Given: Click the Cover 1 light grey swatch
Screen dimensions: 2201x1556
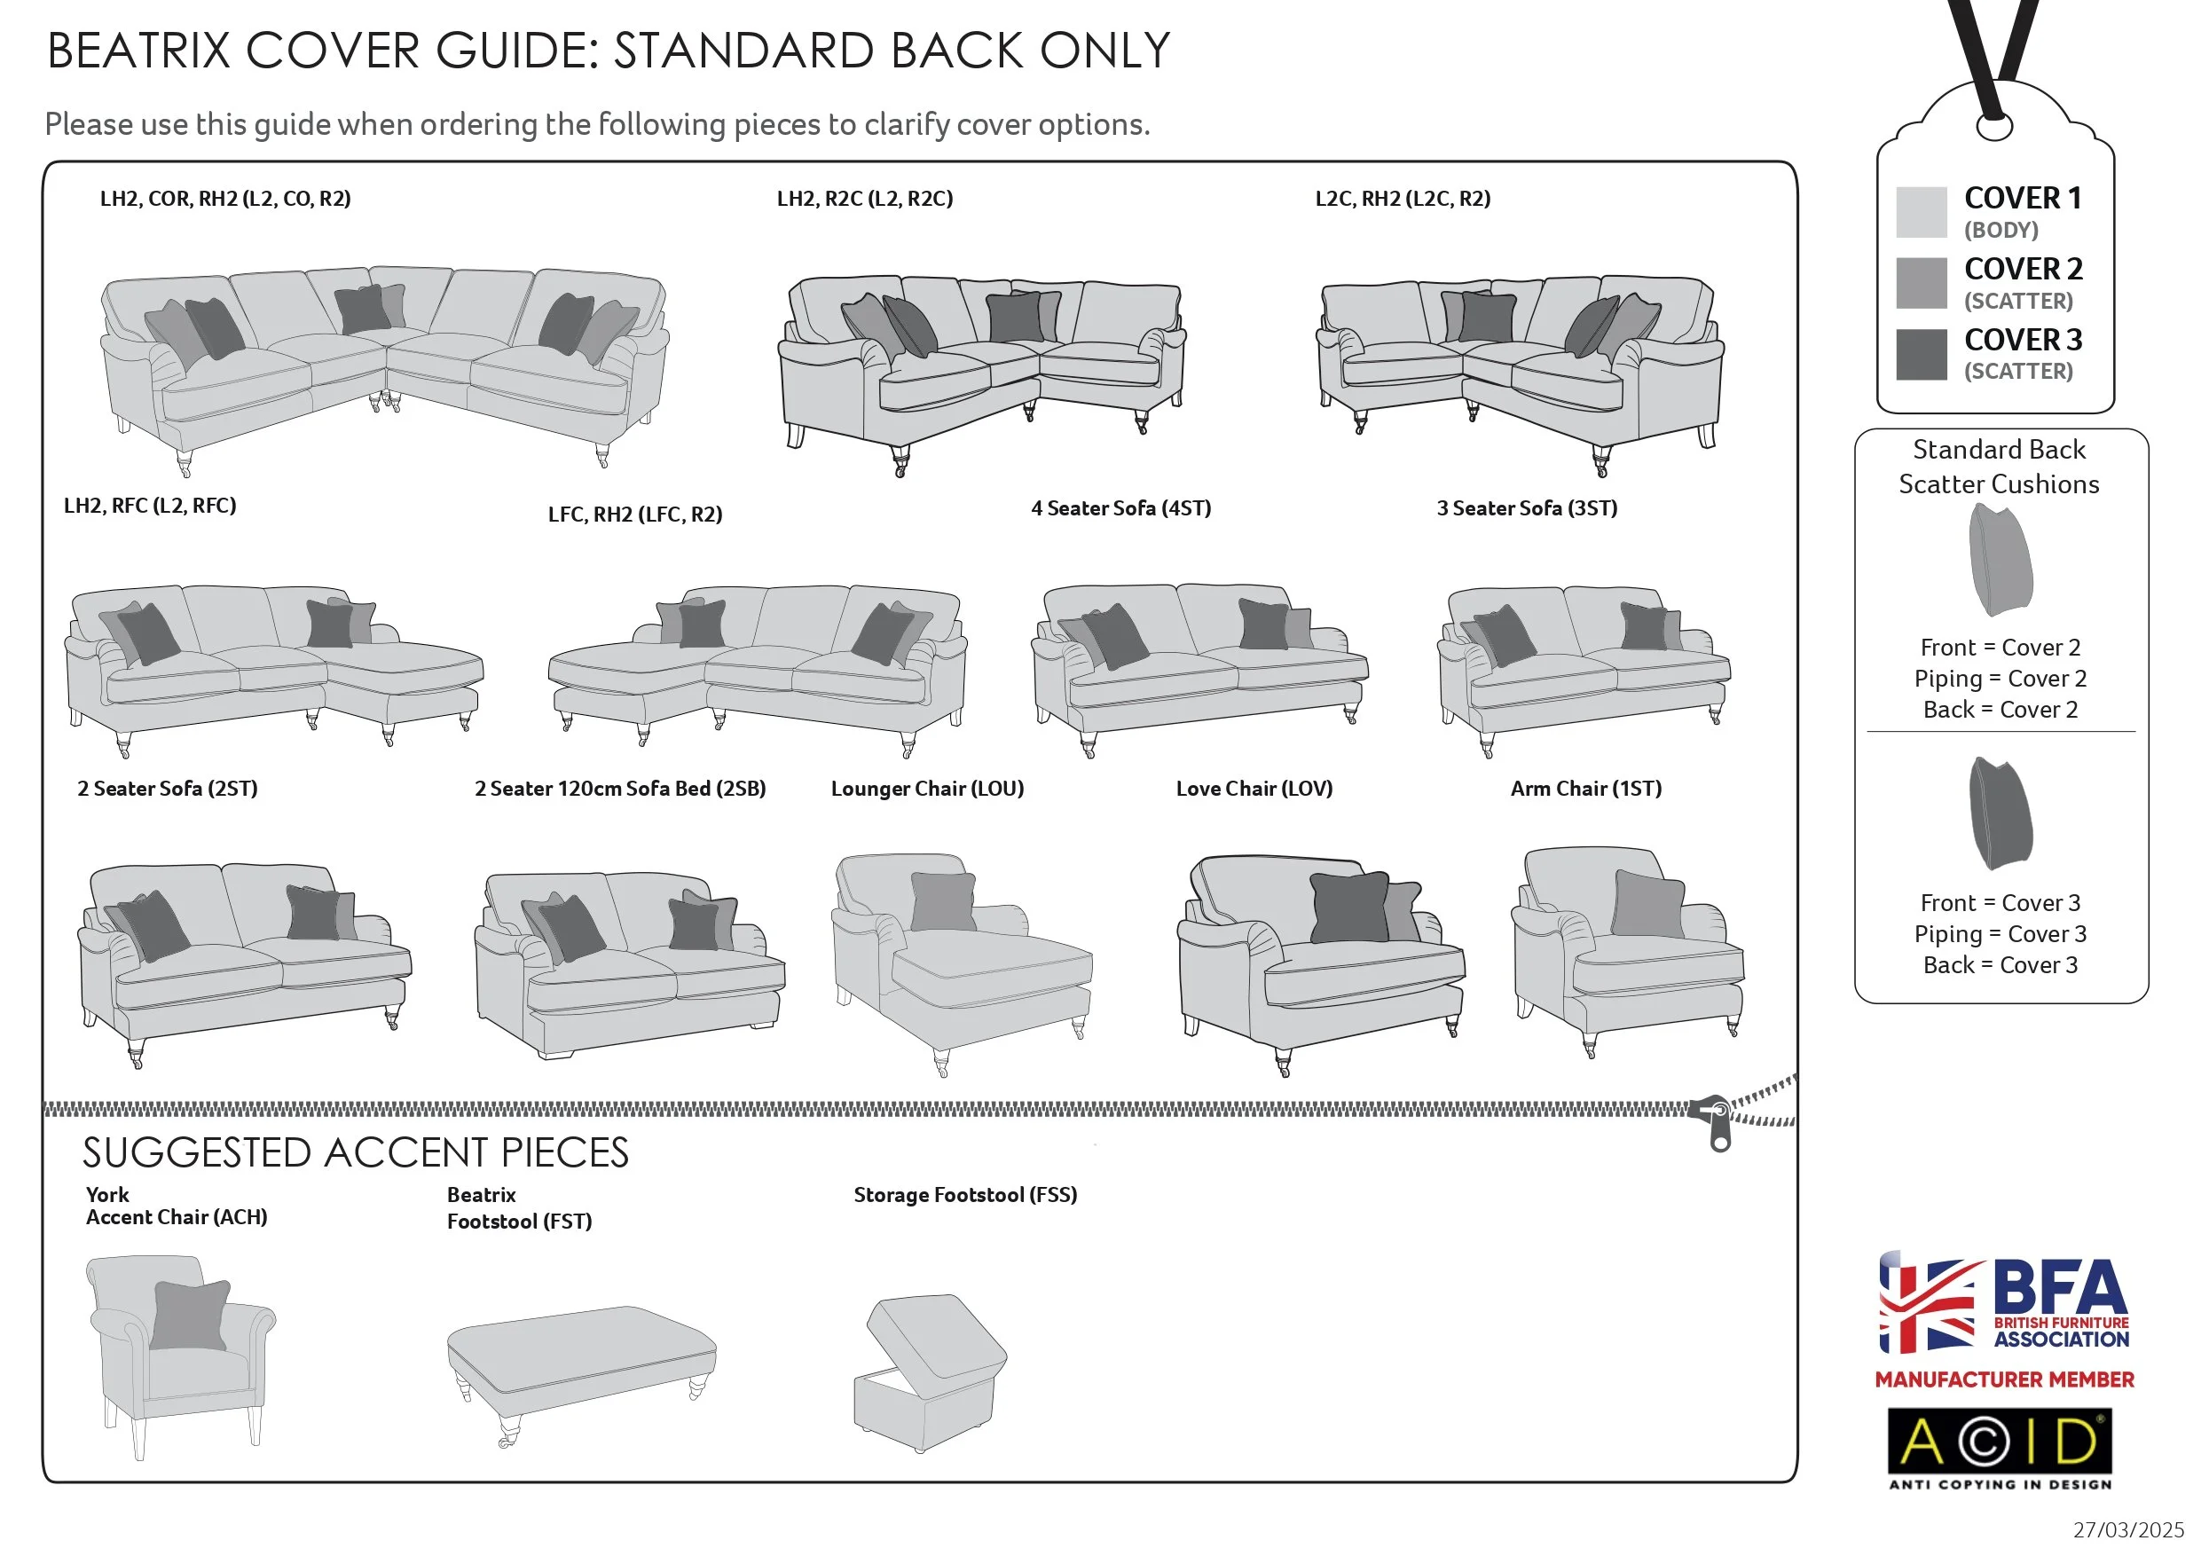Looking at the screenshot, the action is pos(1920,212).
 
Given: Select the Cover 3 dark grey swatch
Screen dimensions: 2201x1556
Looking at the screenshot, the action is pos(1920,354).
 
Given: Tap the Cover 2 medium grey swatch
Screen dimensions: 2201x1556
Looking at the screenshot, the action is pos(1920,283).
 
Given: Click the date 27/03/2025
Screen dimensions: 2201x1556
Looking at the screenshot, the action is pos(2127,1529).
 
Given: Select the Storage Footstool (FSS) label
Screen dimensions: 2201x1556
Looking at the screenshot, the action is pos(964,1195).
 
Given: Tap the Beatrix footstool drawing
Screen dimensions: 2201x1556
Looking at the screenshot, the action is pos(580,1366).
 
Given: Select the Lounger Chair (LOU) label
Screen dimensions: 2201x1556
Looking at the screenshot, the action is pos(926,788).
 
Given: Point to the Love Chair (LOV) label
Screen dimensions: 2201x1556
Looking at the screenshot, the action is pos(1253,788).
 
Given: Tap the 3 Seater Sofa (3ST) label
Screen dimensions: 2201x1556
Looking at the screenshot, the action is pos(1525,508).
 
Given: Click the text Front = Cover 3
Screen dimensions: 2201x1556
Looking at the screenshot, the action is pos(1999,902).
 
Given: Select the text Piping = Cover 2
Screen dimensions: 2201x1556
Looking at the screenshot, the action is pos(1999,678).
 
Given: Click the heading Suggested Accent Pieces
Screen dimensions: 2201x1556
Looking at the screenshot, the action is pos(355,1152).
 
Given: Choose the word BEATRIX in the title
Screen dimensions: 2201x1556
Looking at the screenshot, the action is pos(139,51).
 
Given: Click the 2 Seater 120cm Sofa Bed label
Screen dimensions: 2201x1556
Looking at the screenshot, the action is pos(619,788).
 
